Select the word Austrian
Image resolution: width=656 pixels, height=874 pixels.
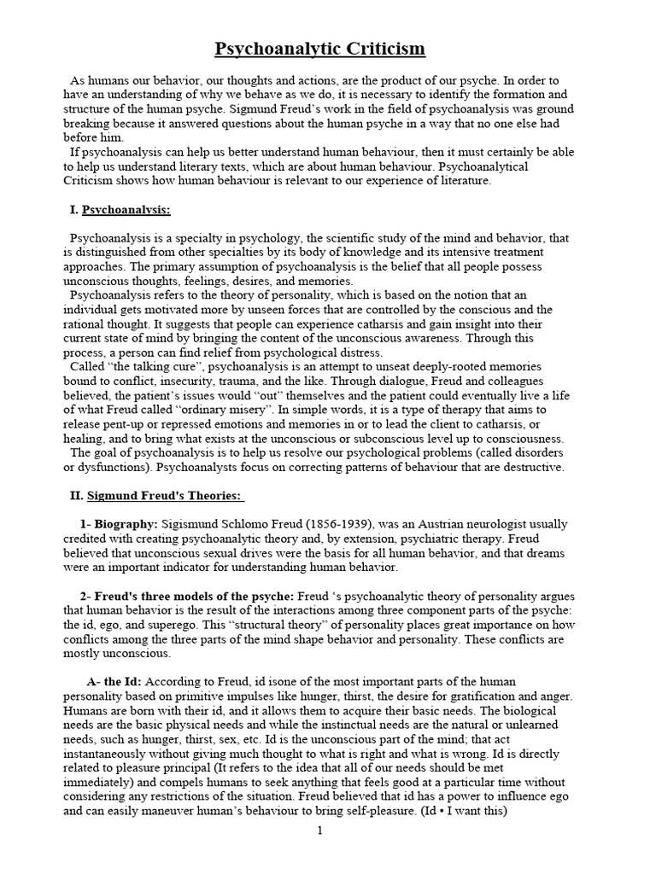[x=474, y=523]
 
